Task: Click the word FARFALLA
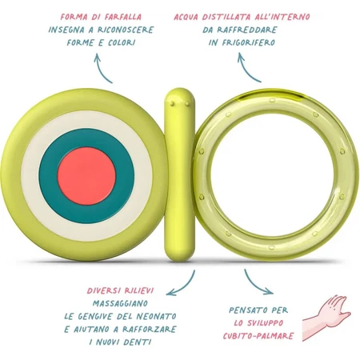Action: click(x=123, y=17)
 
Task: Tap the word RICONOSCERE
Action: click(x=126, y=30)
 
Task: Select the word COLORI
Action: click(x=122, y=42)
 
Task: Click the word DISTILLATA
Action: click(x=226, y=17)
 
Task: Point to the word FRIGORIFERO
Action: click(x=247, y=42)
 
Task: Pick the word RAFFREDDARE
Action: click(x=247, y=30)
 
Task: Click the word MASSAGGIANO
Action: click(x=120, y=303)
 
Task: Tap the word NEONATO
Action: click(x=157, y=316)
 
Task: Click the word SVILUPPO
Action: click(x=266, y=322)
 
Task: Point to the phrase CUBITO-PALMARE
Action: click(x=258, y=335)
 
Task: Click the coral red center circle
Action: click(x=86, y=176)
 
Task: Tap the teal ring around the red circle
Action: click(x=86, y=138)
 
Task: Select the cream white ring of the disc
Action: click(x=86, y=119)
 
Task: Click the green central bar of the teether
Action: click(x=179, y=174)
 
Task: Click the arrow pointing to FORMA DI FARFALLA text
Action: click(x=101, y=70)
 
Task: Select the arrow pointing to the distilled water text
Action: click(x=246, y=70)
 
